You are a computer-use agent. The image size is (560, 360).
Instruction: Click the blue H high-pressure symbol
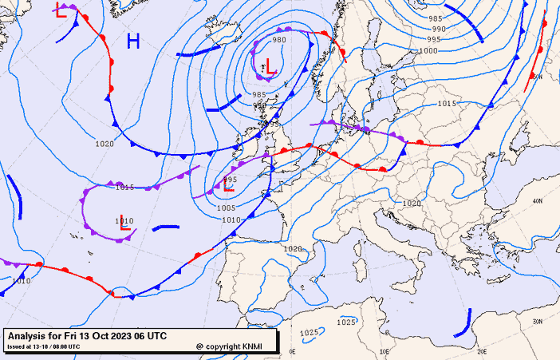coord(133,41)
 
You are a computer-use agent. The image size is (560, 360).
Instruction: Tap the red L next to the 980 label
coord(270,67)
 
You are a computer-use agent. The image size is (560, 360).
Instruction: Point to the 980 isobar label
coord(279,40)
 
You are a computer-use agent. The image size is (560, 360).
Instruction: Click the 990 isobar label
coord(439,29)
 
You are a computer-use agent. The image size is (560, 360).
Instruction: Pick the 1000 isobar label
coord(428,50)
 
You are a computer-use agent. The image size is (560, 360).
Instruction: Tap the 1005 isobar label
coord(226,208)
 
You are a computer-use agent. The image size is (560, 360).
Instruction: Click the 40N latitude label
coord(537,200)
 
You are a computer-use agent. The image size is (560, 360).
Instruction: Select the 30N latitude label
coord(537,322)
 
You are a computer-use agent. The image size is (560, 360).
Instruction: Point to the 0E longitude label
coord(292,351)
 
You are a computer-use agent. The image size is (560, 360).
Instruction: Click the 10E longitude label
coord(385,351)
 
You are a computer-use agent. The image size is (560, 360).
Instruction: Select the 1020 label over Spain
coord(293,249)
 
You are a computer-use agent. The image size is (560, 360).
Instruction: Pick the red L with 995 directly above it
coord(228,188)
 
